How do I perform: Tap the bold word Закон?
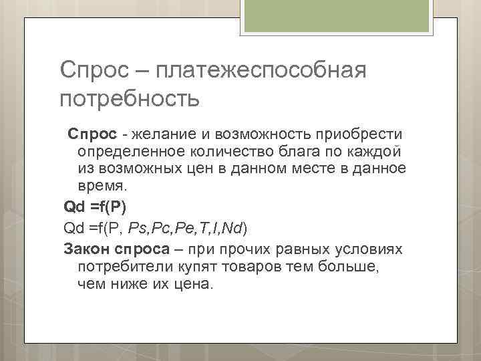(84, 249)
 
